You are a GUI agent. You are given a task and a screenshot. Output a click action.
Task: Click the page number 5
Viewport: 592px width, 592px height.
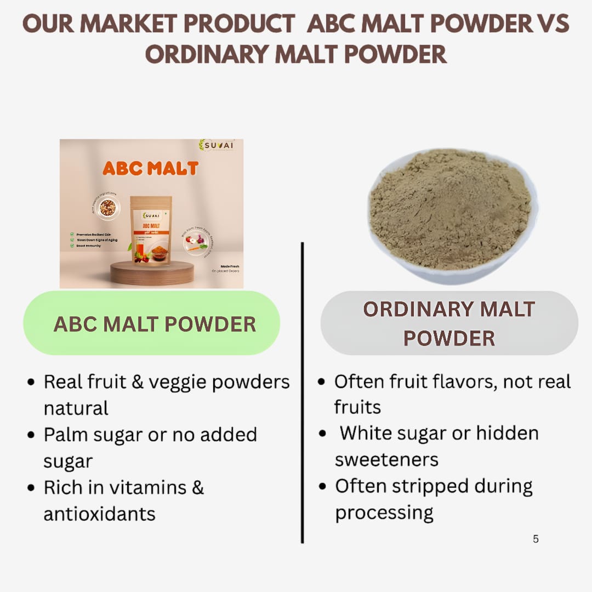[536, 539]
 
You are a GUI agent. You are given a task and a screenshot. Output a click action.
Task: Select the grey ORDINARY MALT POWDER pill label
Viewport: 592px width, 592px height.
[449, 323]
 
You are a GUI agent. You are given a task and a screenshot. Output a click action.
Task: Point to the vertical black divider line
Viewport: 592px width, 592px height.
[302, 395]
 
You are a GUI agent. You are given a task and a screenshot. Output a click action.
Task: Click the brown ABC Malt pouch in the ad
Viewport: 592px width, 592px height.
[151, 229]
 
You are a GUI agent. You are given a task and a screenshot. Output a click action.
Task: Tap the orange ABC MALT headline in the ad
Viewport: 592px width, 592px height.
[151, 168]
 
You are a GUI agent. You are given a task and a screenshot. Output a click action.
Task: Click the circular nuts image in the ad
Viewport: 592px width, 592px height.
[107, 208]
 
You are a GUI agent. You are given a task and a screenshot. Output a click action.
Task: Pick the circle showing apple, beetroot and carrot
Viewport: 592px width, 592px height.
[194, 241]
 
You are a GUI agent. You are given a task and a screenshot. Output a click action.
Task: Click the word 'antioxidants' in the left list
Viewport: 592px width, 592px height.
[99, 514]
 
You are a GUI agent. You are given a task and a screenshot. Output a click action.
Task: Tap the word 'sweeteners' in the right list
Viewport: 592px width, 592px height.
[386, 459]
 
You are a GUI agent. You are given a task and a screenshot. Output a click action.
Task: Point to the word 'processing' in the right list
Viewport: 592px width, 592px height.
[384, 513]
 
